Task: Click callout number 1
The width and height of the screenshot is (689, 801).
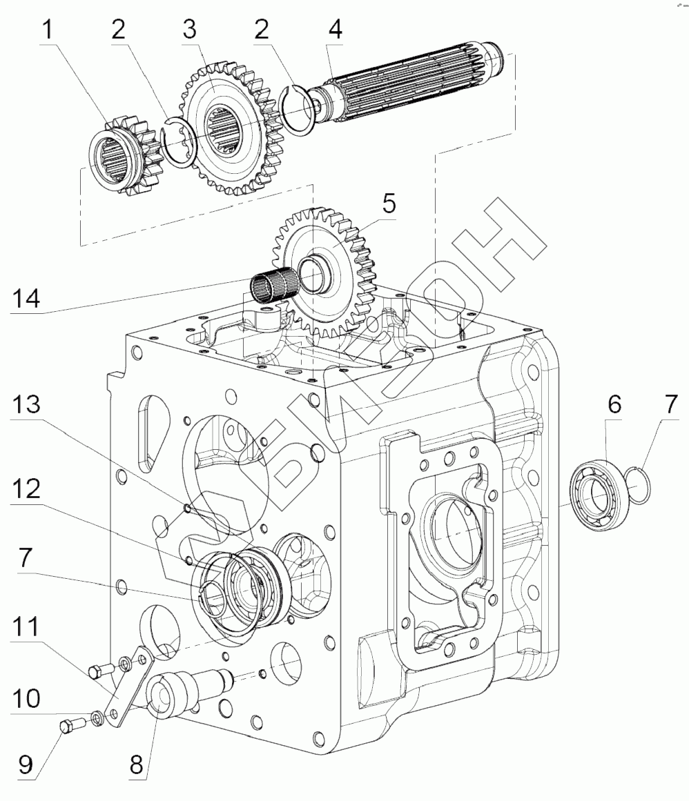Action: point(48,30)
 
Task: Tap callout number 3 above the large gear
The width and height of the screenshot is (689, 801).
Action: point(190,29)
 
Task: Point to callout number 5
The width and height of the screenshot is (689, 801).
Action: point(389,204)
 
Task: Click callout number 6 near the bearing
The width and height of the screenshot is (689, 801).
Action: point(614,404)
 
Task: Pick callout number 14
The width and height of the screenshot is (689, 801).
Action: point(26,298)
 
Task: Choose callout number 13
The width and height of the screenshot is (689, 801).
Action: point(26,404)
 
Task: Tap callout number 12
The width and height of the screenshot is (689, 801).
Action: point(26,488)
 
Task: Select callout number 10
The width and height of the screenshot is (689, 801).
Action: point(26,697)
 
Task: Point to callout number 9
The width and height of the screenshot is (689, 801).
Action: point(26,764)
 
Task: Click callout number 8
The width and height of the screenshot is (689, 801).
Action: point(136,764)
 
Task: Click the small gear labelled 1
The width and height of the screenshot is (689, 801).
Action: point(124,157)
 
